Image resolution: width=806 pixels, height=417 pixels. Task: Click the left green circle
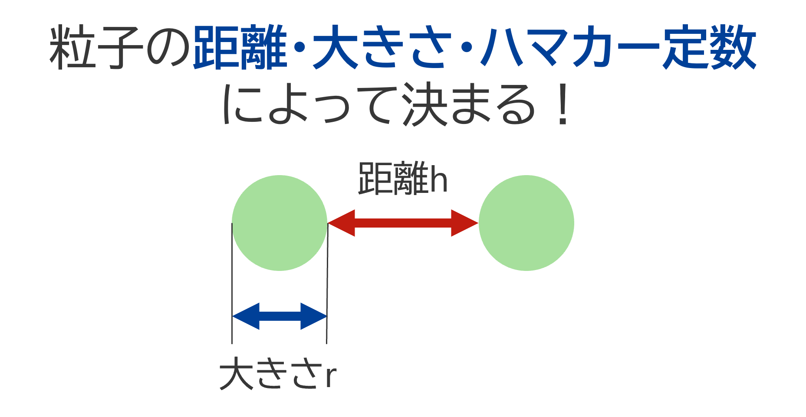280,223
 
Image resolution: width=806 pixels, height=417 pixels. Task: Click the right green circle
526,223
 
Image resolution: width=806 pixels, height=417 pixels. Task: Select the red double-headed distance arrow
403,223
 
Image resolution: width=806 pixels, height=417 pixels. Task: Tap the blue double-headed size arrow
280,316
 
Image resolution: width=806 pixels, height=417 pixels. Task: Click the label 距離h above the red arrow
402,179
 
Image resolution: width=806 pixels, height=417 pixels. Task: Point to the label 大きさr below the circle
278,374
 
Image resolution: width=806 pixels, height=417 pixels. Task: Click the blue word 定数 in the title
709,48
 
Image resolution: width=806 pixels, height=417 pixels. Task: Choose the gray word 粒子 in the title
96,48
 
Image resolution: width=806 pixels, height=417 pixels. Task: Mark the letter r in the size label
331,376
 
